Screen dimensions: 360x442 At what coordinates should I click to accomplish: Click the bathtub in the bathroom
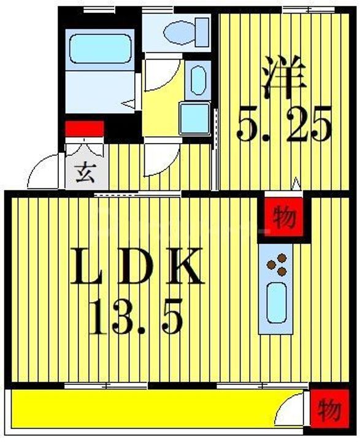pos(100,48)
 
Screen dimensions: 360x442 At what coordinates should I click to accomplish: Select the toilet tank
pos(202,32)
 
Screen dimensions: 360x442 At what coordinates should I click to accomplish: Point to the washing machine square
pos(195,118)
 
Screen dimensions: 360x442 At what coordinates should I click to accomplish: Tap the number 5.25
pos(284,125)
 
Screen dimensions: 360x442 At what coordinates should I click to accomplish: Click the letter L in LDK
pos(88,266)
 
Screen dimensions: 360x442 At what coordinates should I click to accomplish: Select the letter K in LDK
pos(184,266)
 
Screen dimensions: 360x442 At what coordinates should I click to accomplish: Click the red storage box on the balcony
pos(329,408)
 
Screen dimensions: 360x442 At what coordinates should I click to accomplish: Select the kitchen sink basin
pos(277,303)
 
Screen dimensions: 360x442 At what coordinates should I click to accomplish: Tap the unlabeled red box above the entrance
pos(85,129)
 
